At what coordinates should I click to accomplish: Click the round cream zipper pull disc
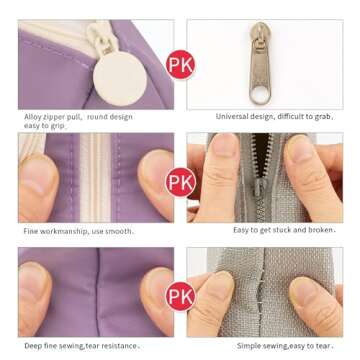120,79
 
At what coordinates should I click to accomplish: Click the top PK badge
180,64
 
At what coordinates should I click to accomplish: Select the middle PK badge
180,182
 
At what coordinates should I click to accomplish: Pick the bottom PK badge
180,297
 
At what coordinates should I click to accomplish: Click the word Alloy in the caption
33,117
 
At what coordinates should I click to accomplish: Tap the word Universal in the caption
232,116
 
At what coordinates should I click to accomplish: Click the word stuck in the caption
282,230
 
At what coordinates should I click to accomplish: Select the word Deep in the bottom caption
33,346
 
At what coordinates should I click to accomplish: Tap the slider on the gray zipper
258,187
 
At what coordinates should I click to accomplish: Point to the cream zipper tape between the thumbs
95,178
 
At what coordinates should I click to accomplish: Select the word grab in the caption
322,117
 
